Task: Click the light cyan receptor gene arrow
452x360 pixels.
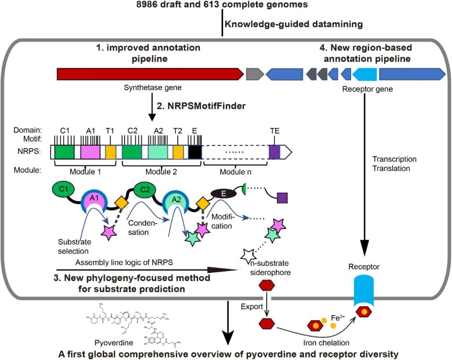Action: tap(365, 74)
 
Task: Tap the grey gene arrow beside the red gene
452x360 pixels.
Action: tap(254, 74)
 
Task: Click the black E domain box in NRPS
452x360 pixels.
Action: tap(195, 152)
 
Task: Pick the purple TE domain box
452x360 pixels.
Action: tap(275, 152)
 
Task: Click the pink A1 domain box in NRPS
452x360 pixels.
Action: tap(90, 152)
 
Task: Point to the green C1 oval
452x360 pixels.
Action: tap(64, 189)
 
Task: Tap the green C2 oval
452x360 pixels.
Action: tap(145, 189)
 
